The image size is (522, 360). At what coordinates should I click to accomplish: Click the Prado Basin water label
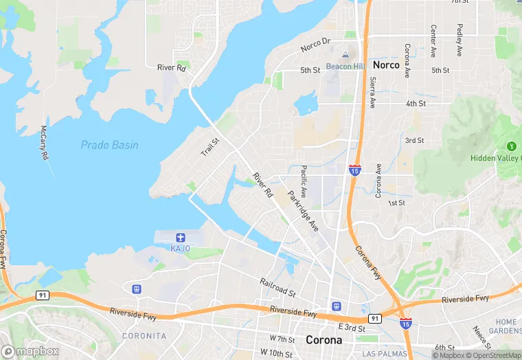click(x=109, y=145)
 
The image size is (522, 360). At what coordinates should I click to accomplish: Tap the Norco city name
click(x=386, y=65)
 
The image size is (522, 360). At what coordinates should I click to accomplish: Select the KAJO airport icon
click(x=181, y=236)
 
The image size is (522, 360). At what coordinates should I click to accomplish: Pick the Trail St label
click(x=209, y=146)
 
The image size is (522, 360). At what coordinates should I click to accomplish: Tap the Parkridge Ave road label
click(x=303, y=210)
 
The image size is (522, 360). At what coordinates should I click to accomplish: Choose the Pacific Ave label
click(x=302, y=181)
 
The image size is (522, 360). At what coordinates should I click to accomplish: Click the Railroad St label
click(x=277, y=287)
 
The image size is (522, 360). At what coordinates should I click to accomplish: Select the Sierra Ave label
click(x=373, y=92)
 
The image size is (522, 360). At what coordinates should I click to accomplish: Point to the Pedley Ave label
click(x=458, y=41)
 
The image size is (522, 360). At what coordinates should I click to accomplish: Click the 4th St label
click(x=416, y=103)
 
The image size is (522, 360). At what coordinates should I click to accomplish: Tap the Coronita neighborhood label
click(x=144, y=336)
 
